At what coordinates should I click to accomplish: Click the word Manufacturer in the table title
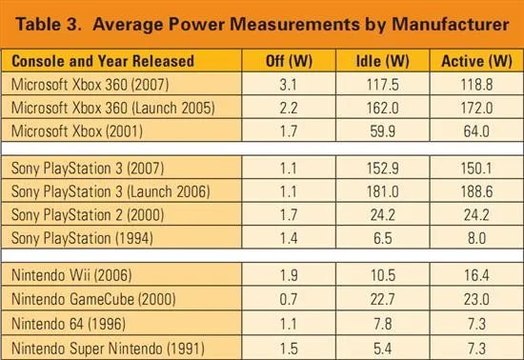point(450,25)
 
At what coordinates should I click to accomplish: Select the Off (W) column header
point(289,61)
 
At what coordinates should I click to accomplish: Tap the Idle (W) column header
point(383,61)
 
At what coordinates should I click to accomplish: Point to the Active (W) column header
point(476,61)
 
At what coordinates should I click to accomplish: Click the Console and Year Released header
point(103,61)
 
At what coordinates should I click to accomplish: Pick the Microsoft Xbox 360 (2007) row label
point(90,85)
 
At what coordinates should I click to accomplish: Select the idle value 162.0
point(383,108)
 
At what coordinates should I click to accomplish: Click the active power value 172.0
point(476,108)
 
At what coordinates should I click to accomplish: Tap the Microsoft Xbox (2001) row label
point(77,130)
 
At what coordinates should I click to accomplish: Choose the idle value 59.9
point(383,131)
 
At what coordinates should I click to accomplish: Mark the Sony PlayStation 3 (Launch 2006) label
point(111,191)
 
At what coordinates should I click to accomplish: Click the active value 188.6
point(476,191)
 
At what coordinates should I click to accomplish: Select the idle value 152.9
point(383,168)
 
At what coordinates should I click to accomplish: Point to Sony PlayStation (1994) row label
point(82,238)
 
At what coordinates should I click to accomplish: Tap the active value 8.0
point(476,238)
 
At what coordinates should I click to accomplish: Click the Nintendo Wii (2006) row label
point(71,275)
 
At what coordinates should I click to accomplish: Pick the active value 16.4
point(476,275)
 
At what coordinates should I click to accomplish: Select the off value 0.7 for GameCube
point(288,299)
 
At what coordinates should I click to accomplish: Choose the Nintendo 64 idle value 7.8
point(383,324)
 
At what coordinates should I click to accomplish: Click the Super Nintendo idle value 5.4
point(383,349)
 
